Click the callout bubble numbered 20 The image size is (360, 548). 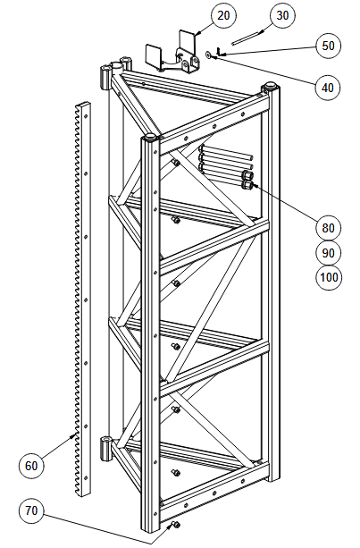(x=223, y=15)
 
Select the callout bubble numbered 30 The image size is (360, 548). (x=282, y=15)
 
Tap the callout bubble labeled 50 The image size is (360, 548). (x=328, y=46)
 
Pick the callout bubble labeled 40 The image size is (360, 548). (x=328, y=88)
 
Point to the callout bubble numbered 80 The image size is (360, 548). (x=328, y=228)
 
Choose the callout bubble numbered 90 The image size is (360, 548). (x=328, y=253)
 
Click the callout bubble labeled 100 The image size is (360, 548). (x=329, y=277)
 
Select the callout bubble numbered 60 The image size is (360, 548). (x=31, y=466)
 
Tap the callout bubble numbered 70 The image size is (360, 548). (x=31, y=510)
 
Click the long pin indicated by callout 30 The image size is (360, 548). (x=247, y=38)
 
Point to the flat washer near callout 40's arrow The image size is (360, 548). (x=208, y=55)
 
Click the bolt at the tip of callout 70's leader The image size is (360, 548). (x=175, y=525)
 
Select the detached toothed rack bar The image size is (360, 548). (x=82, y=299)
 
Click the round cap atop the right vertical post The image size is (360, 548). (x=270, y=85)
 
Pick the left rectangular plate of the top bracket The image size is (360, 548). (x=153, y=55)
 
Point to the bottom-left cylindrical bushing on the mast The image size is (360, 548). (x=105, y=448)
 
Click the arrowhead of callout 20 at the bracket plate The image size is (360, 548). (x=197, y=34)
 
